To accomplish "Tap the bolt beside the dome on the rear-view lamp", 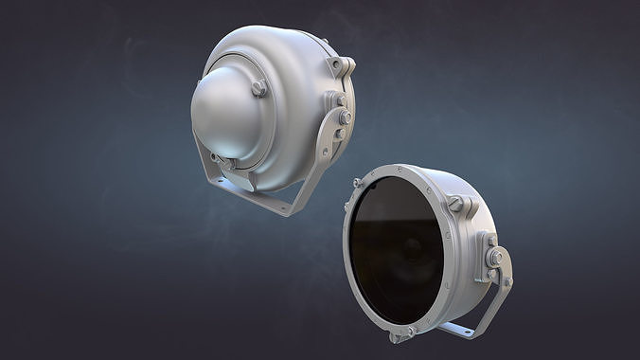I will [x=258, y=88].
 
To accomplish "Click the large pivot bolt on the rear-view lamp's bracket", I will [x=344, y=117].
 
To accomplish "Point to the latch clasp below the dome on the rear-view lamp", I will [x=217, y=158].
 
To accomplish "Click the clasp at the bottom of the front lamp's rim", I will [x=399, y=333].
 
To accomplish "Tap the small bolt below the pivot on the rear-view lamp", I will [x=339, y=134].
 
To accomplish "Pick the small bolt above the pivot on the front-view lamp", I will [x=489, y=238].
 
